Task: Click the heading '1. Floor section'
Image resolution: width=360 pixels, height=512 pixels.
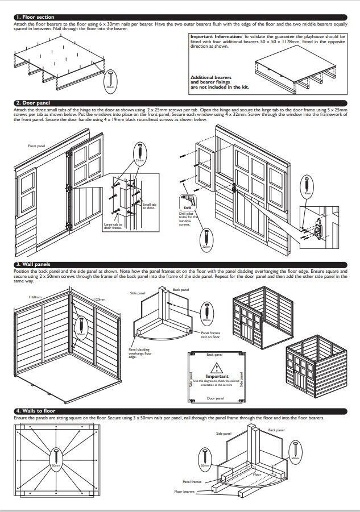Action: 35,18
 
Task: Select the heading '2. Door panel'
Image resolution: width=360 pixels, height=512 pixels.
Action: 34,103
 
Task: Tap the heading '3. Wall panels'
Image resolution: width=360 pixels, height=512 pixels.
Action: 34,264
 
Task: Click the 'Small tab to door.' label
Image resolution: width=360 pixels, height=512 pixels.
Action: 148,206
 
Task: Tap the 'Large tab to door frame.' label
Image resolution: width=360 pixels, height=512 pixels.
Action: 113,226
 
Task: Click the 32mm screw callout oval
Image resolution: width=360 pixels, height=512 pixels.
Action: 206,239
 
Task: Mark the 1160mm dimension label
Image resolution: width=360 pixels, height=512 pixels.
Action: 21,297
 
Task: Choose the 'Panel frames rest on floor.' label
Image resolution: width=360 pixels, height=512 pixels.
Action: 211,334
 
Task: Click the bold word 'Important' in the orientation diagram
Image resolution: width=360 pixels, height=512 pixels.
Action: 217,376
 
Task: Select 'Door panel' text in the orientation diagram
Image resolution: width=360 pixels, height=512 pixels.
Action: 217,399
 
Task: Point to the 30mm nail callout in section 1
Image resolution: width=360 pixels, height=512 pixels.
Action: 110,80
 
